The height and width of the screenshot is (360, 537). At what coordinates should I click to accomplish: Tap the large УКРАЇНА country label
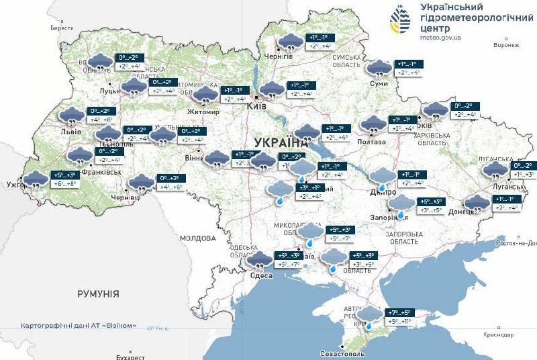coord(281,142)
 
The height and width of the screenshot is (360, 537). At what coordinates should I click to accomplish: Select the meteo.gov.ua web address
coord(440,39)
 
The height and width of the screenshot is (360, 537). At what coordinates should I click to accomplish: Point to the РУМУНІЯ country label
coord(98,294)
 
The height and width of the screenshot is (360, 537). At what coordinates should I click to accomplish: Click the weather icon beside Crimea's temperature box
coord(369,315)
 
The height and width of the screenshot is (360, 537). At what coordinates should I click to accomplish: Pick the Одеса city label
coord(260,276)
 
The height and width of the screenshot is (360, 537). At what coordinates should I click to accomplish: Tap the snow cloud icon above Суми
coord(379,68)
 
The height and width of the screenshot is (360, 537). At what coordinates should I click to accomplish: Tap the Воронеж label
coord(506,45)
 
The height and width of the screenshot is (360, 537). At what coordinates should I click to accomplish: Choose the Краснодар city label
coord(498,334)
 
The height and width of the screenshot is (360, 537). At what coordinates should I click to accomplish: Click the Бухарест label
coord(130,357)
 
